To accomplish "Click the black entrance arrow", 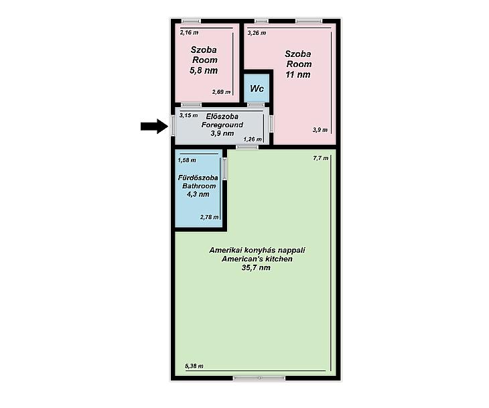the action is (x=154, y=126).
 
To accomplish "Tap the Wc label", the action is (x=257, y=88).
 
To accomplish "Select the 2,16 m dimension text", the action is (x=189, y=32).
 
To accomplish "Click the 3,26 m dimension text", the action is (x=257, y=33).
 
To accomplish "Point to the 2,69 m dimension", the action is (x=222, y=92).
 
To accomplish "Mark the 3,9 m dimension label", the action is (x=320, y=130).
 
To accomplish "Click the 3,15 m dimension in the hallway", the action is (x=188, y=115).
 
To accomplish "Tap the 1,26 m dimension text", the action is (x=253, y=139).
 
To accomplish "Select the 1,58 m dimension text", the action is (x=187, y=160).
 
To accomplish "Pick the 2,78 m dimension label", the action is (x=209, y=217).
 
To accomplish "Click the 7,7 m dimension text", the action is (x=321, y=158).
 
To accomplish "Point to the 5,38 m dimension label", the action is (x=194, y=366).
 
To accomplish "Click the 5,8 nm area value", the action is (x=204, y=70).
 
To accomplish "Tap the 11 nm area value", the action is (x=298, y=74).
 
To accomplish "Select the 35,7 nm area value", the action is (x=256, y=267).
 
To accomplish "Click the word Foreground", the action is (x=222, y=125).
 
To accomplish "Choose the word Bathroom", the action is (x=199, y=186).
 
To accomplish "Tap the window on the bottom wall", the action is (x=259, y=378).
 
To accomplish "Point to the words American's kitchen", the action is (x=257, y=259).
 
